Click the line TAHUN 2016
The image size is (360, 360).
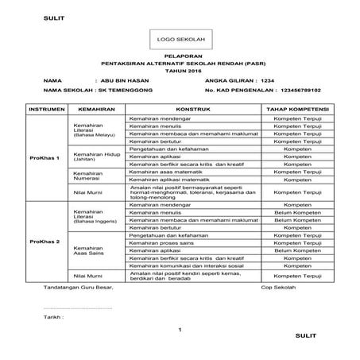pos(179,72)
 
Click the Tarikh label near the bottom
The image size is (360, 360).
pos(53,315)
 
